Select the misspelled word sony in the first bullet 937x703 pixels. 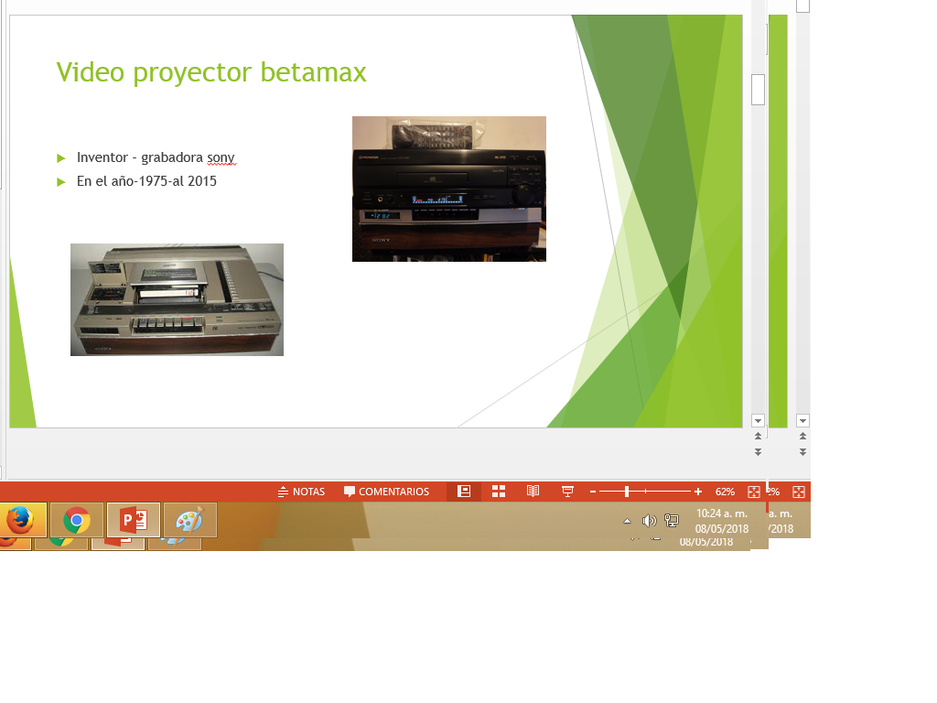221,158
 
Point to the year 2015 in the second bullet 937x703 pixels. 202,181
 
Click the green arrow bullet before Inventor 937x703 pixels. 61,158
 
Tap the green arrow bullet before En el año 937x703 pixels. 61,182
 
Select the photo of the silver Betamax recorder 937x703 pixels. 177,299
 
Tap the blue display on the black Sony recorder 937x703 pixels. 437,199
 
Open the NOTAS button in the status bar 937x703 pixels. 301,492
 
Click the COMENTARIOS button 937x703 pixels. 386,492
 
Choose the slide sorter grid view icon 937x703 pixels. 499,492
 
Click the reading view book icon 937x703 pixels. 533,492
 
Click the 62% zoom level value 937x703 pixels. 725,492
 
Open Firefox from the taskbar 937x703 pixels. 19,520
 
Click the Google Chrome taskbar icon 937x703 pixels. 77,521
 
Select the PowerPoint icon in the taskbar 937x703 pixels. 134,521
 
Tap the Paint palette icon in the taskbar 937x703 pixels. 189,521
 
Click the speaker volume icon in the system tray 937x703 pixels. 649,521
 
